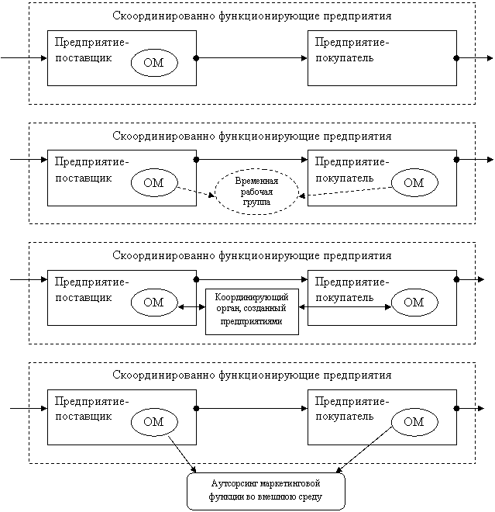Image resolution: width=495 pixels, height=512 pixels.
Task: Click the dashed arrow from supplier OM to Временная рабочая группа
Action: [x=195, y=192]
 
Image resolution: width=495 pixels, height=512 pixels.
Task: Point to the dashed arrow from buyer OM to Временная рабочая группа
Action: [x=345, y=192]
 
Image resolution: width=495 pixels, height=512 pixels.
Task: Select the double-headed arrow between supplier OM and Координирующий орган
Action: [x=191, y=307]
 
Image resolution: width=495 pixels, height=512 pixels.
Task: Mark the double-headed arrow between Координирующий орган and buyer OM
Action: [x=345, y=307]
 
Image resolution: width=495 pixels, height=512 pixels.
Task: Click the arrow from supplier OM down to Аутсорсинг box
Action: [x=182, y=454]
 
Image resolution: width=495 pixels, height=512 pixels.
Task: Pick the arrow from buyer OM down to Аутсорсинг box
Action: [x=363, y=450]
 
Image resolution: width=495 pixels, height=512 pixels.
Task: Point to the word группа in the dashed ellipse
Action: [x=256, y=202]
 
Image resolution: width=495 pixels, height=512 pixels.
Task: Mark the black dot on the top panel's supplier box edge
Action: [x=196, y=58]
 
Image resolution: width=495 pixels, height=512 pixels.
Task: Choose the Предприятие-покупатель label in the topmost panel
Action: [x=352, y=50]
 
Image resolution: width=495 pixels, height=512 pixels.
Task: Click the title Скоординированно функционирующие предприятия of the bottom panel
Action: [x=252, y=375]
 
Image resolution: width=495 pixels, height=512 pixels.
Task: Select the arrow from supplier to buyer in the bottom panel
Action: [x=252, y=409]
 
